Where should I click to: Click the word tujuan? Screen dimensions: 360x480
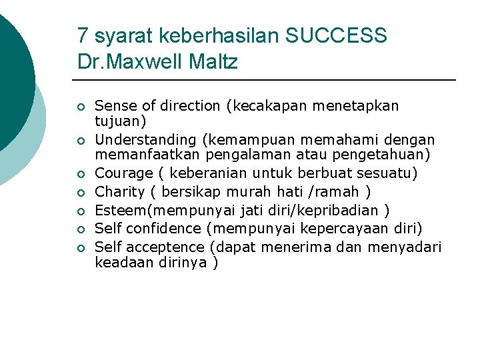click(x=117, y=122)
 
